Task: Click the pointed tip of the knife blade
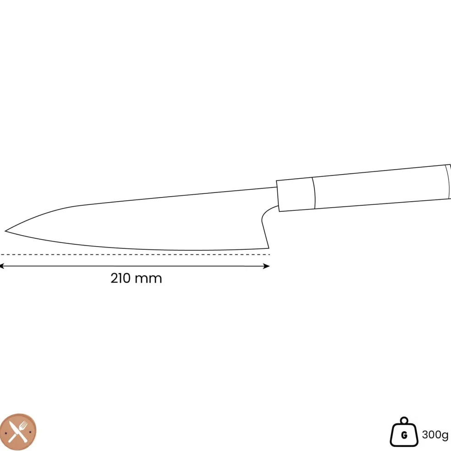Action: click(5, 231)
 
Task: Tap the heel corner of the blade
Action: click(269, 248)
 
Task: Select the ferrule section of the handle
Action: click(296, 194)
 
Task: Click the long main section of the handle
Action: click(381, 187)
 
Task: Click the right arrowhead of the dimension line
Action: click(266, 266)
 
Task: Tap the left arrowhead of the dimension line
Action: click(2, 266)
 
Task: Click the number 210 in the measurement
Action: click(121, 278)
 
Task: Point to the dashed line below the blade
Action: click(135, 254)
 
